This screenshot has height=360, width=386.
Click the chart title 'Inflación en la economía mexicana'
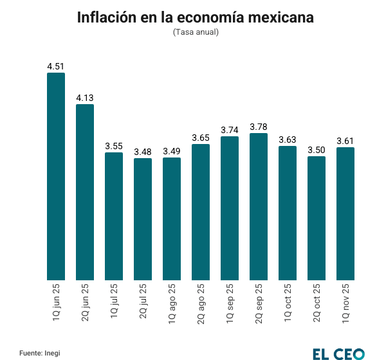click(196, 17)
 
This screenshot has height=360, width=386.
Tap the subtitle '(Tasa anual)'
click(196, 32)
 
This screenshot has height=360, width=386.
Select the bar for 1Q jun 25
click(56, 176)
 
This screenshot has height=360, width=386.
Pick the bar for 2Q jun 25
click(85, 192)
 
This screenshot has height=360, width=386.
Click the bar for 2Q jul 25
click(143, 219)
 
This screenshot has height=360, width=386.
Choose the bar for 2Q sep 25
click(259, 206)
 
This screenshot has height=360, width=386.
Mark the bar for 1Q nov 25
click(345, 213)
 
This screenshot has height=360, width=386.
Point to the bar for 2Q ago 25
click(201, 212)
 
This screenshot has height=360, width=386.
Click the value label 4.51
click(56, 66)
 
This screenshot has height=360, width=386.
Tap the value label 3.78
click(259, 126)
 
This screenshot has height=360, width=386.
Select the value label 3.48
click(143, 151)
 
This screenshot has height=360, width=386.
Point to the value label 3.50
click(317, 150)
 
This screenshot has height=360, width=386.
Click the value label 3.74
click(230, 129)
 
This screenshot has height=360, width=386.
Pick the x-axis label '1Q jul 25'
click(114, 302)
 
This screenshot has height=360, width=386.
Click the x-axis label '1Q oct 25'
click(288, 302)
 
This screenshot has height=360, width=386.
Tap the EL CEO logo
click(338, 352)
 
